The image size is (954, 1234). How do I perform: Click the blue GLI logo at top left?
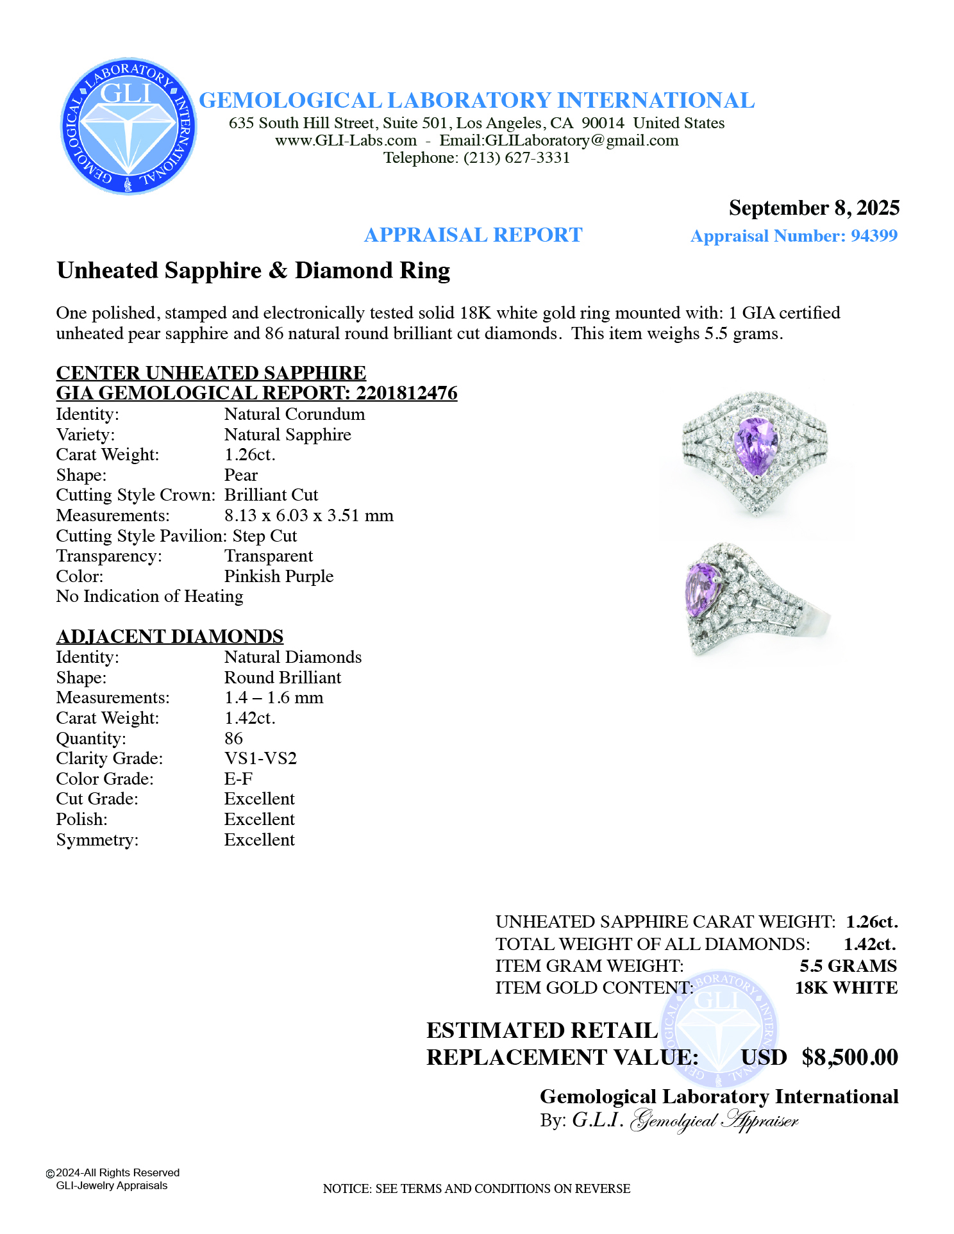click(x=128, y=126)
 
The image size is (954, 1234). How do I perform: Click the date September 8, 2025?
click(x=814, y=208)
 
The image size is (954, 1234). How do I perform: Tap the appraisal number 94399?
click(x=873, y=236)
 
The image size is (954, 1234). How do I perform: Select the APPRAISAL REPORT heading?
click(x=473, y=235)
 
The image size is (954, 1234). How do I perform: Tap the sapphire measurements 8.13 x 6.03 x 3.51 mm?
click(x=308, y=515)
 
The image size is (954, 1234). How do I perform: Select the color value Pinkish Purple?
click(x=278, y=576)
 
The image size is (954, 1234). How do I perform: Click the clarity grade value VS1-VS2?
click(x=260, y=758)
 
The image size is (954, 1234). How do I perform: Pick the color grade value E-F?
click(x=238, y=779)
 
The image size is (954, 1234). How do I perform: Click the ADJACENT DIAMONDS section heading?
click(x=170, y=636)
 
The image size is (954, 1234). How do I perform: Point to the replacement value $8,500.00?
click(x=849, y=1057)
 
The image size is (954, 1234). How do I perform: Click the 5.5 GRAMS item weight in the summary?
click(x=848, y=966)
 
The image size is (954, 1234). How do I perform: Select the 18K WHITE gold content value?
click(x=846, y=988)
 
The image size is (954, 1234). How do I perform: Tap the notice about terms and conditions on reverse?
click(x=476, y=1188)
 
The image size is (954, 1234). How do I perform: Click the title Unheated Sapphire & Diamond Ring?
click(x=253, y=271)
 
